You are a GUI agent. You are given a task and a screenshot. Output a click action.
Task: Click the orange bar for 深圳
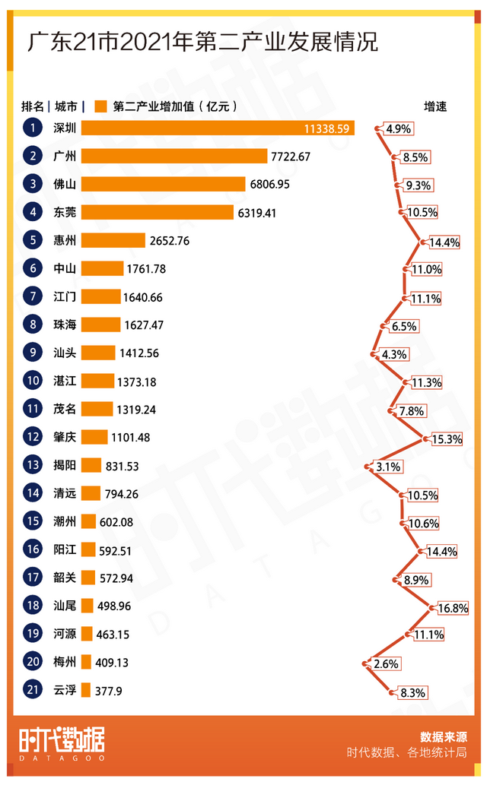(218, 128)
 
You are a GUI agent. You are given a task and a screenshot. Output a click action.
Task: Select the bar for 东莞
(157, 212)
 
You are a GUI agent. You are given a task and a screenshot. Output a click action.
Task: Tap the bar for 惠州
(113, 240)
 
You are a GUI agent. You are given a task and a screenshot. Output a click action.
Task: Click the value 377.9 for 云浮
(109, 690)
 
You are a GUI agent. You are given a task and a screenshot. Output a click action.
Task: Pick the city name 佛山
(65, 184)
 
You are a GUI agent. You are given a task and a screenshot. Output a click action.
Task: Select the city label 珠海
(65, 324)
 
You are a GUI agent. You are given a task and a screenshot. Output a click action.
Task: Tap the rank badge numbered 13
(33, 465)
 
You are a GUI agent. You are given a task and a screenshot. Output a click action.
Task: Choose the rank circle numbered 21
(33, 690)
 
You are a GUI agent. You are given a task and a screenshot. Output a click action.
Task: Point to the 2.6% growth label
(387, 664)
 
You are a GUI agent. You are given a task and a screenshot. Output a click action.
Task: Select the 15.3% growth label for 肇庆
(447, 439)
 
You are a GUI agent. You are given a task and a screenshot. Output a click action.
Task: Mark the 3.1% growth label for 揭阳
(388, 467)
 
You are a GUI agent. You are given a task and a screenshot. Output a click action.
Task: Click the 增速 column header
(435, 106)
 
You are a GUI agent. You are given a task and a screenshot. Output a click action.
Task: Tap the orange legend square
(99, 106)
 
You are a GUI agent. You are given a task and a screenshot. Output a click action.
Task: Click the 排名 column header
(33, 106)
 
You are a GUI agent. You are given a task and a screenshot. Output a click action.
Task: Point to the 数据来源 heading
(443, 736)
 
